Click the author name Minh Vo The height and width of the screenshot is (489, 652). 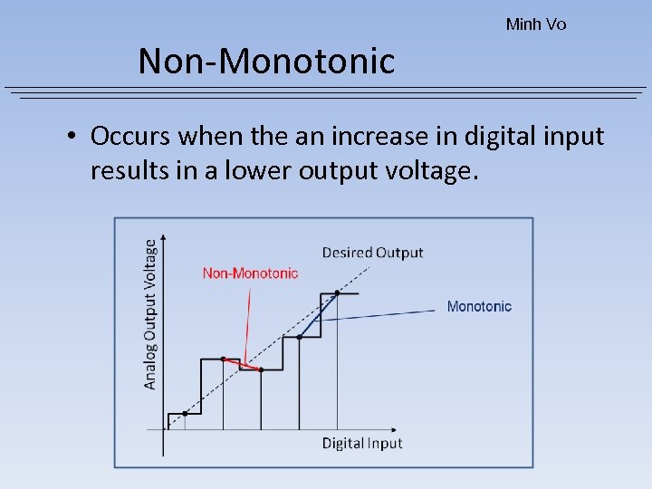[536, 24]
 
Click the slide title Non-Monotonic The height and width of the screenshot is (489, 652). [266, 62]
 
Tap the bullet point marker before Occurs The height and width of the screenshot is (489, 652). [70, 137]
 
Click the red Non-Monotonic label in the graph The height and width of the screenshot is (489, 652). [250, 273]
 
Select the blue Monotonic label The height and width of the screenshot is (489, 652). [479, 307]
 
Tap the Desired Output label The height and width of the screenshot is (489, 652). [372, 253]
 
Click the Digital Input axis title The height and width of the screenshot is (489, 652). [362, 443]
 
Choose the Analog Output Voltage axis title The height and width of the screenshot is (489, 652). [150, 313]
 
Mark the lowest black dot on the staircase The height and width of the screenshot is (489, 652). [185, 414]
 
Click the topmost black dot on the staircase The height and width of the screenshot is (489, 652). [337, 293]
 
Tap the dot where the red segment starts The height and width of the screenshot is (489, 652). [223, 359]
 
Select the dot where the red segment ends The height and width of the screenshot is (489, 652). [261, 369]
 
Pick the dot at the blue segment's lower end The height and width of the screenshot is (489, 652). [299, 337]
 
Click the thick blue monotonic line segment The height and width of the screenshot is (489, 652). [318, 315]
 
